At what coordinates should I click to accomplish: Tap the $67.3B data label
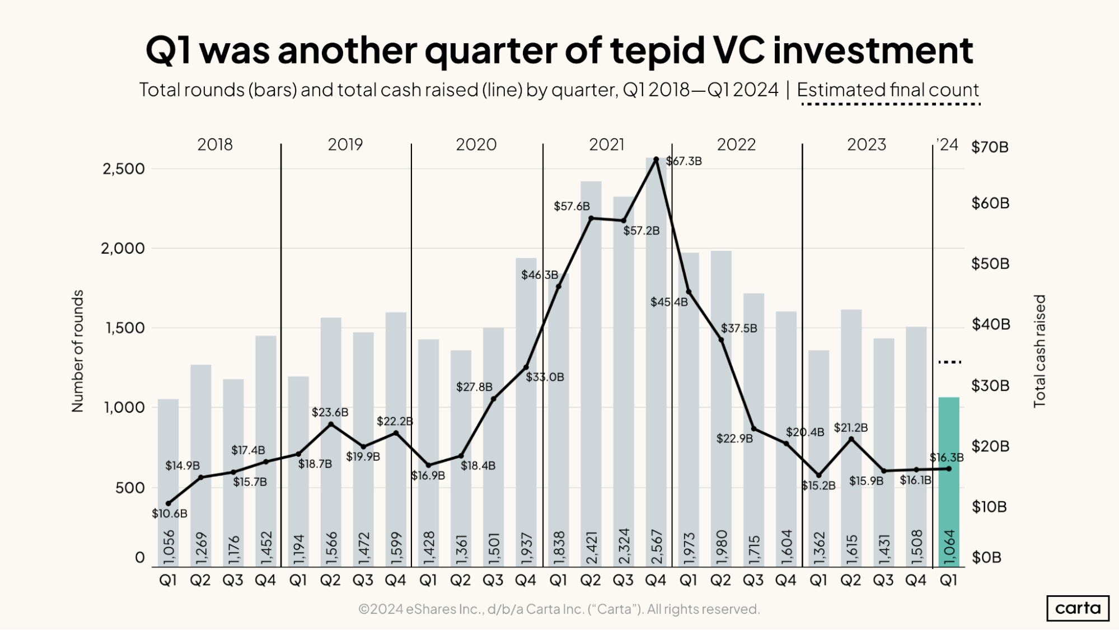pos(684,161)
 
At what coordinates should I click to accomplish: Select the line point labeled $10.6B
pos(168,503)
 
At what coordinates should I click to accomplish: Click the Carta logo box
pos(1078,608)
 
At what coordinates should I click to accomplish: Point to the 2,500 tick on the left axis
pos(123,169)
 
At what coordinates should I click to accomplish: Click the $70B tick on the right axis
pos(990,147)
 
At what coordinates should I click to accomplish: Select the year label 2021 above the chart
pos(606,144)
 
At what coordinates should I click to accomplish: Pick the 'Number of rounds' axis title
pos(77,351)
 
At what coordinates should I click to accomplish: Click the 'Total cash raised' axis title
pos(1039,351)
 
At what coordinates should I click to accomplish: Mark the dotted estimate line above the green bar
pos(949,362)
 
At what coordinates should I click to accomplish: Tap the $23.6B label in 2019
pos(330,413)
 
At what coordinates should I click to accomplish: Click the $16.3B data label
pos(947,458)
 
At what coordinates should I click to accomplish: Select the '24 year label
pos(947,145)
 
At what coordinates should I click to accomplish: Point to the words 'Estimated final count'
pos(888,90)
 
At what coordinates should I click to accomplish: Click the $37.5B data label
pos(738,328)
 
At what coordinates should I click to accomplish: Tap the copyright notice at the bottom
pos(559,609)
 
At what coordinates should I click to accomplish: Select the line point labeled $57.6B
pos(591,218)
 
